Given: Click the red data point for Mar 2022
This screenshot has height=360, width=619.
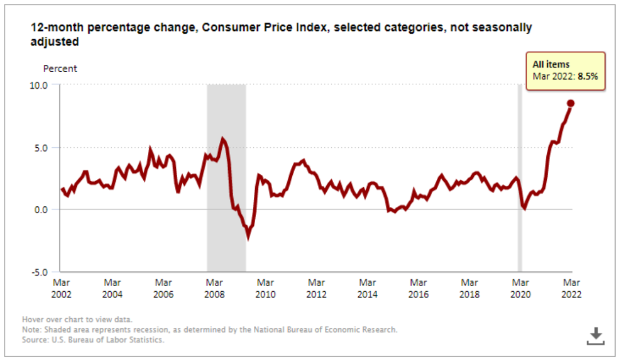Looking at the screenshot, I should [571, 103].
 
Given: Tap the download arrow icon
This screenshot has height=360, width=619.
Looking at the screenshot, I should [596, 336].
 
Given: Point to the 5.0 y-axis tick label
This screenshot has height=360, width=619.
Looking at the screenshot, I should [47, 147].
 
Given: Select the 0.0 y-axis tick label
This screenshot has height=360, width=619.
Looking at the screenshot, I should [47, 209].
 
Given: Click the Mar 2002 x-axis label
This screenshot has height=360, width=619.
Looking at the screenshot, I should [61, 288].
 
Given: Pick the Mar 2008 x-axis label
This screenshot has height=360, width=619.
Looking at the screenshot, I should [214, 288].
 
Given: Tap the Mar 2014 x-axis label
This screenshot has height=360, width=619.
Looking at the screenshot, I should [367, 288].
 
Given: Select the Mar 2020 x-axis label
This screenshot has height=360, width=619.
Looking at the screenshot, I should [520, 288].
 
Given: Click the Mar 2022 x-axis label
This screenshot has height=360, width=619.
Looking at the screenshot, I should [571, 288].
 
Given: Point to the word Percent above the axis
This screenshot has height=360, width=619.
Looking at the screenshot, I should [60, 69].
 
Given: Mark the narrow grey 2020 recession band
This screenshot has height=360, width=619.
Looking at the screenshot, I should [520, 178].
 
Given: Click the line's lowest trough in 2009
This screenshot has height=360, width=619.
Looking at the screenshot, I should [248, 236].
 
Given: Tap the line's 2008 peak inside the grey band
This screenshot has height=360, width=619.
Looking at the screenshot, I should [223, 139].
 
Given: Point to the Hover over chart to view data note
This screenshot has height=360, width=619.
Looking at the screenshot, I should [77, 319].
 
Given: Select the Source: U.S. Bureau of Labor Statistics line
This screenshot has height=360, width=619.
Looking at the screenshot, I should [93, 340].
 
